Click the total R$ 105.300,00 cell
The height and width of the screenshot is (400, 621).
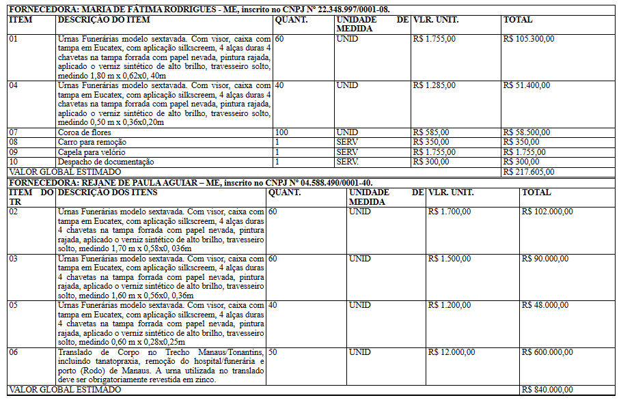[x=528, y=39]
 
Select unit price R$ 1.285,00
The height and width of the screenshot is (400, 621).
[x=434, y=85]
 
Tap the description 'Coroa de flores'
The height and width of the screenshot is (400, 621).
[x=85, y=132]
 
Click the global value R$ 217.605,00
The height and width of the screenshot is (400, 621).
[x=528, y=172]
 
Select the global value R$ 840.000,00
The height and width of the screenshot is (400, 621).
[x=547, y=389]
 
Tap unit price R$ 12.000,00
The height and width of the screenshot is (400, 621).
[x=452, y=352]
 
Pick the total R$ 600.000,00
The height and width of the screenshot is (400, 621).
[x=547, y=352]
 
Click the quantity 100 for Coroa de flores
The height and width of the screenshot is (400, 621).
[x=281, y=132]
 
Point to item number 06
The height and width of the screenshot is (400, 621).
[x=13, y=352]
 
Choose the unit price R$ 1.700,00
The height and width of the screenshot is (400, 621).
[x=450, y=212]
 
